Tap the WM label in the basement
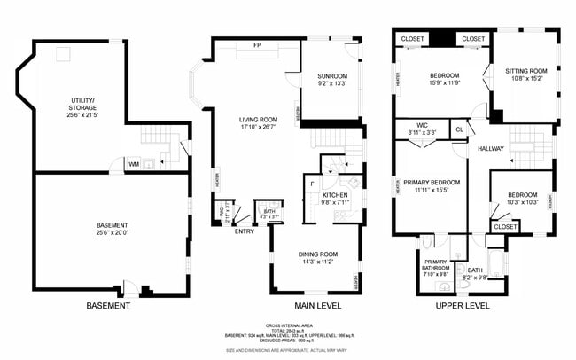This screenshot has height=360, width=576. click(x=133, y=164)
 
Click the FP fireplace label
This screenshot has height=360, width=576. click(x=257, y=44)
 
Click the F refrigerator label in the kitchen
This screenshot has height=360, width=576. click(x=312, y=184)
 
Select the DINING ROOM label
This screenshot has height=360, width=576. click(x=316, y=257)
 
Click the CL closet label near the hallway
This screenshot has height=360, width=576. click(x=459, y=129)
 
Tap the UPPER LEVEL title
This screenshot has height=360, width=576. click(x=463, y=306)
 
